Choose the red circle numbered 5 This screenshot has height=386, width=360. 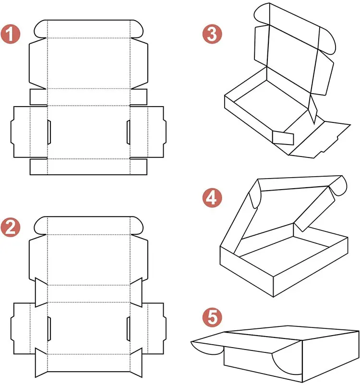(213, 318)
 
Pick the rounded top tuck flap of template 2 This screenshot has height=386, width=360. (89, 225)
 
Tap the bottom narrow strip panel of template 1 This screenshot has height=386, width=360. (89, 166)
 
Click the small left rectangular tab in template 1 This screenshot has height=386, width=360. (38, 96)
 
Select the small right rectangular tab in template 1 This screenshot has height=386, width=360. (139, 96)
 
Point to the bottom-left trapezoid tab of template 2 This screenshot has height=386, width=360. (41, 364)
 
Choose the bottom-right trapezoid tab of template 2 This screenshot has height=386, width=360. (136, 364)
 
